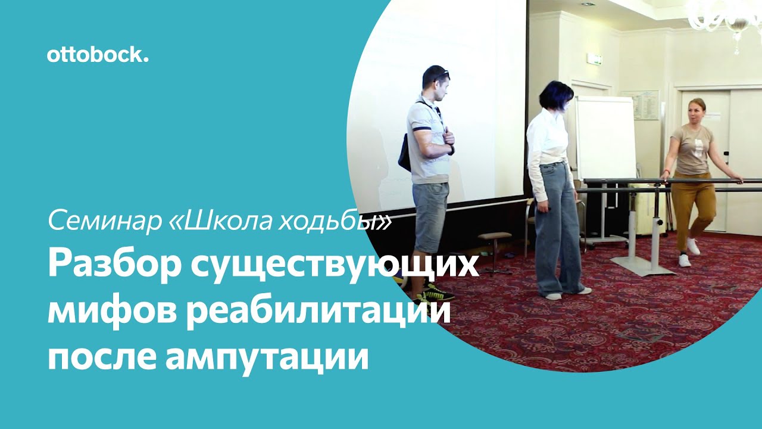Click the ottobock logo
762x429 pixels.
[x=97, y=55]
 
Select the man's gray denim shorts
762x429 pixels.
[x=430, y=216]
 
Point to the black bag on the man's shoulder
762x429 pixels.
[x=405, y=154]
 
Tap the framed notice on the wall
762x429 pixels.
[x=646, y=105]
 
